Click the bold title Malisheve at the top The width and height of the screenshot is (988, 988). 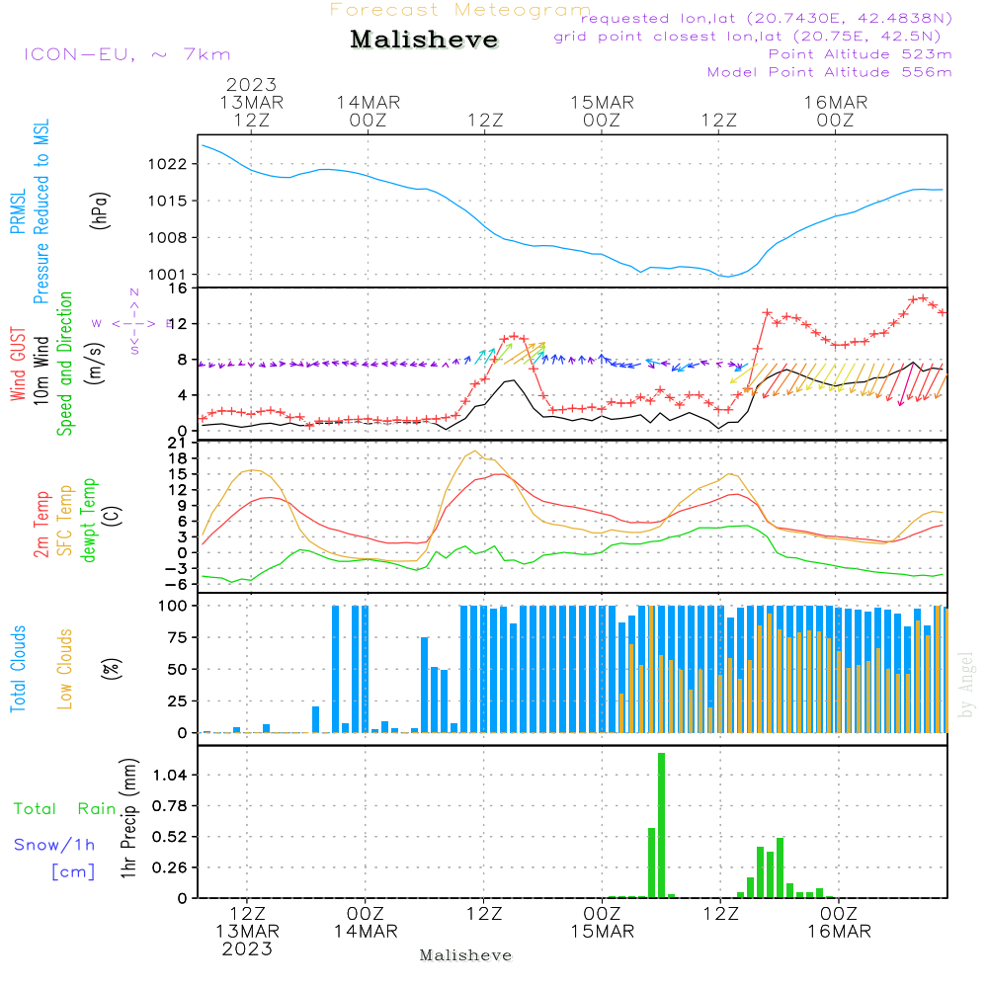coord(424,41)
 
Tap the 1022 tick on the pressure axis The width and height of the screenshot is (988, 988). coord(171,164)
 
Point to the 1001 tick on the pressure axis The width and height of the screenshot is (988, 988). coord(171,275)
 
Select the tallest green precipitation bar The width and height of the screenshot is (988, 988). coord(661,825)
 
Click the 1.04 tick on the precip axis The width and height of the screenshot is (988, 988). coord(169,775)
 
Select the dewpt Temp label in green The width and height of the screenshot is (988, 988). coord(90,521)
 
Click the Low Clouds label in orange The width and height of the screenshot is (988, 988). coord(66,668)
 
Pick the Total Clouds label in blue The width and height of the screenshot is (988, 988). coord(18,668)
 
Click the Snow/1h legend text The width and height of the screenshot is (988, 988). coord(54,845)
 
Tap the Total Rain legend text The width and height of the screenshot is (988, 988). coord(64,809)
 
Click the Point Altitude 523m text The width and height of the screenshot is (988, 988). coord(860,53)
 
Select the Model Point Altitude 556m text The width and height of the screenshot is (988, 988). coord(830,71)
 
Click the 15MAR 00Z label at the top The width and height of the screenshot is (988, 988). coord(601,111)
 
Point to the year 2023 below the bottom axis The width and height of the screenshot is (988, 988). coord(246,949)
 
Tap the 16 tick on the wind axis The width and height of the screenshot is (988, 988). coord(178,288)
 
